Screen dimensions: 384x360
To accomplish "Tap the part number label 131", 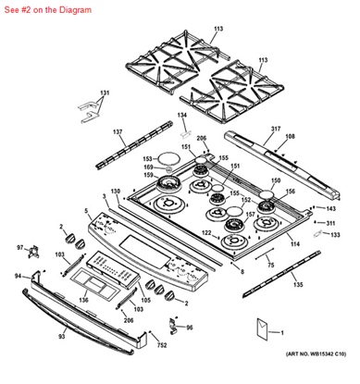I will pyautogui.click(x=105, y=93).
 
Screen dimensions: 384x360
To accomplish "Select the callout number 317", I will pyautogui.click(x=275, y=128).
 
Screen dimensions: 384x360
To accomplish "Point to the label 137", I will pyautogui.click(x=118, y=133).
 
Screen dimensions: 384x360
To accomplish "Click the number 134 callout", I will pyautogui.click(x=183, y=114).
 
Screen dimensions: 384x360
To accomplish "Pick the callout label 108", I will pyautogui.click(x=290, y=136).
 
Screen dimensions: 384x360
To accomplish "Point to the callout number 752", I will pyautogui.click(x=136, y=345).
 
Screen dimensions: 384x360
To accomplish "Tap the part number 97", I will pyautogui.click(x=20, y=248).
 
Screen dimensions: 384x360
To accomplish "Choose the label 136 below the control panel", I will pyautogui.click(x=82, y=299).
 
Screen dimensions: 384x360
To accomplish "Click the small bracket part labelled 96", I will pyautogui.click(x=174, y=326).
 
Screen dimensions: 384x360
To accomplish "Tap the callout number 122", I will pyautogui.click(x=206, y=231).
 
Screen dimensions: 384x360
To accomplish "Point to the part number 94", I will pyautogui.click(x=18, y=277).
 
